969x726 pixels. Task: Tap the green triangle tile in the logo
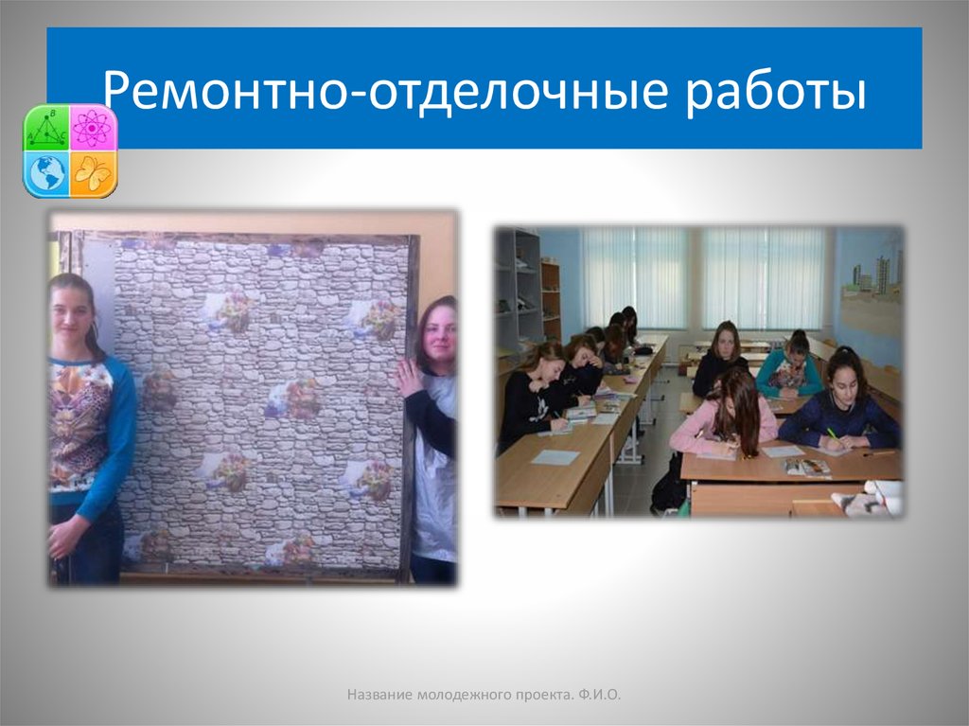point(46,128)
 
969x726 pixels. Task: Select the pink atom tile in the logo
point(93,128)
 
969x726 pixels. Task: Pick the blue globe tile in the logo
point(46,173)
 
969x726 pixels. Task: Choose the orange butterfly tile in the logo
point(93,173)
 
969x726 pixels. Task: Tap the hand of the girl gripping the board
point(408,378)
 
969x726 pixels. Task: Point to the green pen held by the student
point(832,434)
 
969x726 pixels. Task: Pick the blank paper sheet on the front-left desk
point(555,457)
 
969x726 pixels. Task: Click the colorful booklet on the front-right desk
point(806,467)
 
